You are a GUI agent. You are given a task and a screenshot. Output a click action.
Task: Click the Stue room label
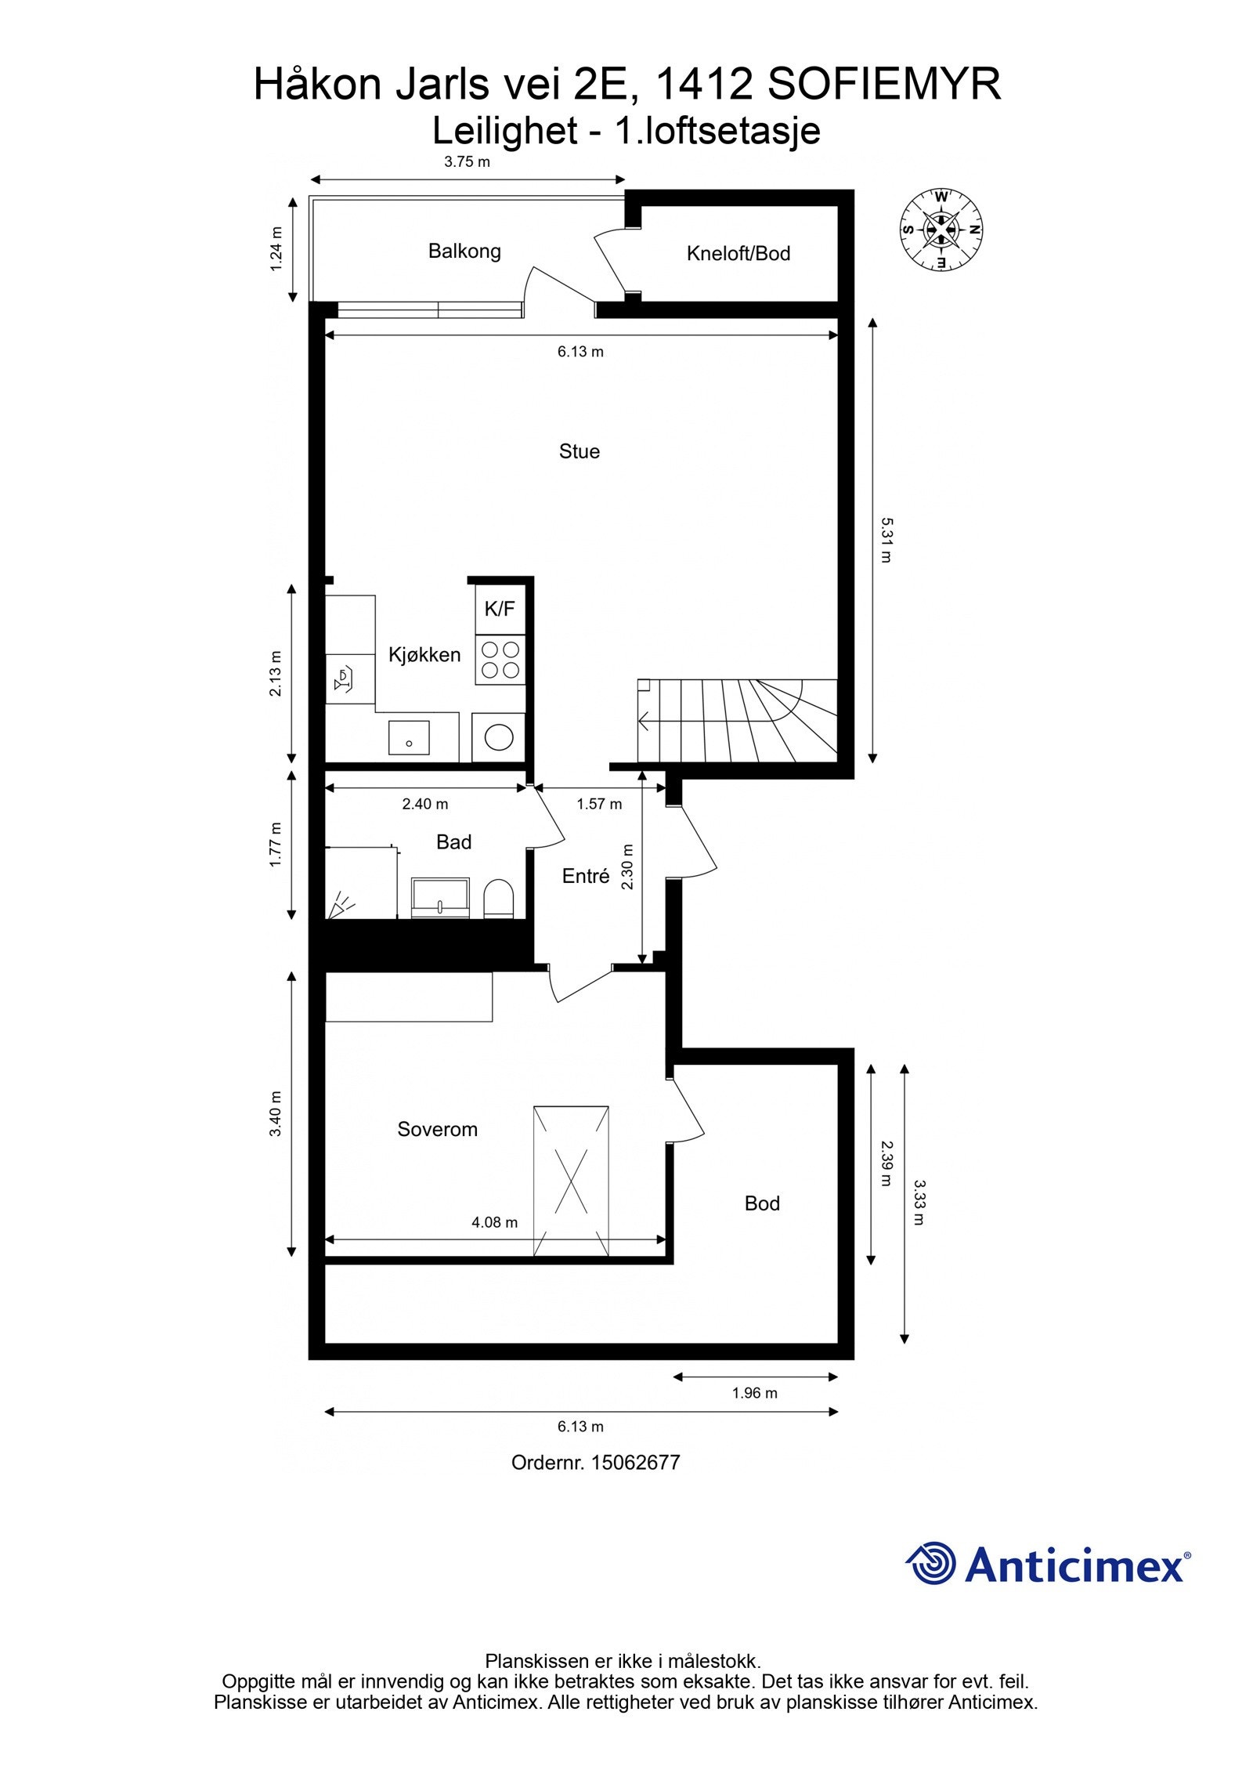[x=579, y=451]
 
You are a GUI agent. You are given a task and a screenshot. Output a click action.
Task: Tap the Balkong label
[x=464, y=251]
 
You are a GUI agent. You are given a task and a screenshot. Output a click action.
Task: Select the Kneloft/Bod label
[x=738, y=254]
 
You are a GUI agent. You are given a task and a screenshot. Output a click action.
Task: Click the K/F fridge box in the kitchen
[x=500, y=609]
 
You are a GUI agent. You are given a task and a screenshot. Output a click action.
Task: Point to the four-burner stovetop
[x=500, y=659]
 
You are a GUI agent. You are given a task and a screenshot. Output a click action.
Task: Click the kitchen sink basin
[x=409, y=737]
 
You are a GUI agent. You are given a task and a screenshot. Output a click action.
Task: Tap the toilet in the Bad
[x=498, y=898]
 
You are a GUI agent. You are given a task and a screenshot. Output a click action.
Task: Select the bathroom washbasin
[x=441, y=898]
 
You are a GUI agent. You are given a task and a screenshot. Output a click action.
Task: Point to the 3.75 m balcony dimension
[x=467, y=162]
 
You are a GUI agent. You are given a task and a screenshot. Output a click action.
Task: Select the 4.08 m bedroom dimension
[x=494, y=1221]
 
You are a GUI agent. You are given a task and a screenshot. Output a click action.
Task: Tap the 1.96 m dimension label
[x=754, y=1392]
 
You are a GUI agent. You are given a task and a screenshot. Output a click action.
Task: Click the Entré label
[x=585, y=877]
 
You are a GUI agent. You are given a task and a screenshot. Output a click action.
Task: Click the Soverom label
[x=437, y=1129]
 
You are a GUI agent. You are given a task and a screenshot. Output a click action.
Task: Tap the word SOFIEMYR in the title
[x=884, y=85]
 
